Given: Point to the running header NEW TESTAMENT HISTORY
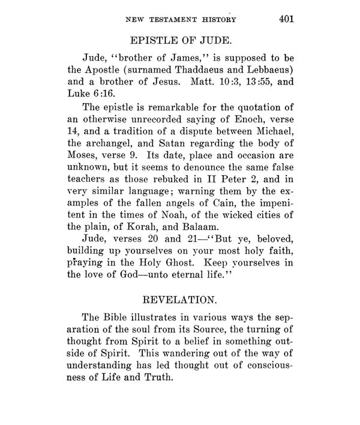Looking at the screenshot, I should tap(179, 20).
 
